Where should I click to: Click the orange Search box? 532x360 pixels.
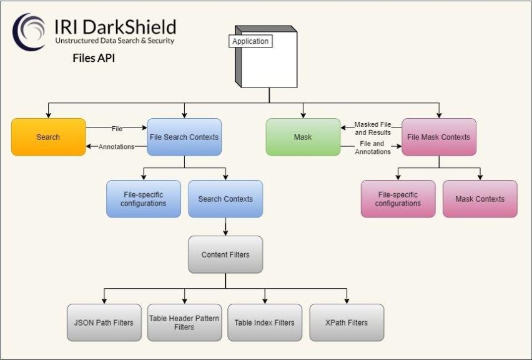(x=48, y=137)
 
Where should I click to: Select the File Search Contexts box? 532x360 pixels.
(x=184, y=137)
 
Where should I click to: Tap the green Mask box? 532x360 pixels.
(x=303, y=137)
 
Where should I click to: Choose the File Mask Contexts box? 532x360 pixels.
(x=438, y=137)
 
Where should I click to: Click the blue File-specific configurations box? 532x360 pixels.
(x=143, y=199)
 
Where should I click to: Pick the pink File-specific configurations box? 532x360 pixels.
(x=398, y=199)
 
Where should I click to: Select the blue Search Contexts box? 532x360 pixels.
(x=225, y=199)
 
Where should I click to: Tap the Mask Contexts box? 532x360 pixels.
(x=480, y=199)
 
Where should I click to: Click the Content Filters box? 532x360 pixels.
(x=225, y=254)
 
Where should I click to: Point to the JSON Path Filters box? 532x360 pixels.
(x=104, y=322)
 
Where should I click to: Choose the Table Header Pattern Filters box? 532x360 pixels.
(x=184, y=322)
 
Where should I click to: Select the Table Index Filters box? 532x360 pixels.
(x=264, y=322)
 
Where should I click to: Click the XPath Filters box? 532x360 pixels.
(x=347, y=322)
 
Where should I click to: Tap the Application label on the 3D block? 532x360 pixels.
(x=250, y=41)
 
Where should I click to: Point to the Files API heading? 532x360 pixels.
(x=94, y=59)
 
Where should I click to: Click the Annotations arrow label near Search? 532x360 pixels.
(x=117, y=147)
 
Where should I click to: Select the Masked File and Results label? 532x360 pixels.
(x=373, y=128)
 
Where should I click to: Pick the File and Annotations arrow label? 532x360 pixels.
(x=373, y=147)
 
